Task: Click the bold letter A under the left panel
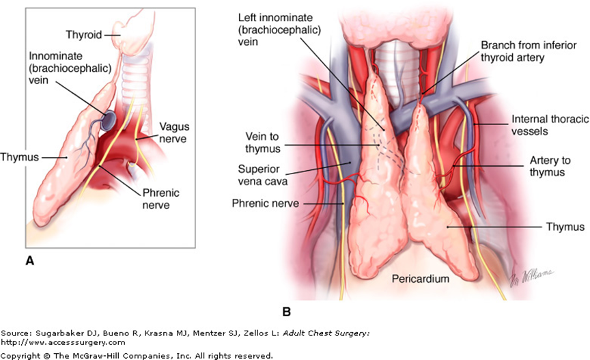[29, 260]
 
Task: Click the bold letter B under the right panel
[286, 313]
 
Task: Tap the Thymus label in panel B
[563, 225]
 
